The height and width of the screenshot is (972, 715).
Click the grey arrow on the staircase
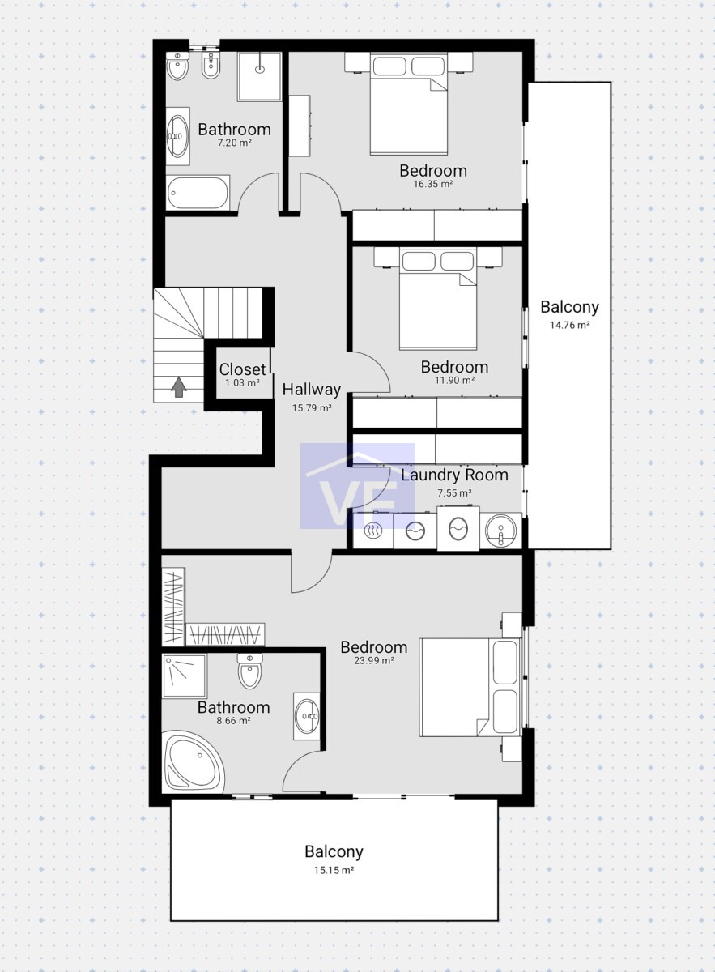tap(178, 386)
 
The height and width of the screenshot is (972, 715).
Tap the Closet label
tap(242, 369)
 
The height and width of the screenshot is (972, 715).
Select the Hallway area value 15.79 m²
tap(312, 408)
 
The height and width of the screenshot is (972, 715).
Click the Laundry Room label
tap(454, 475)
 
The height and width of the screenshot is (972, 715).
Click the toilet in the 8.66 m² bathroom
tap(250, 671)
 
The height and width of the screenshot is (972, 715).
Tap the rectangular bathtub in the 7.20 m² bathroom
tap(198, 193)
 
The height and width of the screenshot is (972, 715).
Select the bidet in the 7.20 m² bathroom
tap(211, 66)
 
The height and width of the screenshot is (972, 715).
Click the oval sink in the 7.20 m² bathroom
tap(178, 136)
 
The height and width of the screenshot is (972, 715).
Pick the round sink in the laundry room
tap(501, 531)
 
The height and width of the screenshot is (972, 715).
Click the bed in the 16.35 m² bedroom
tap(408, 104)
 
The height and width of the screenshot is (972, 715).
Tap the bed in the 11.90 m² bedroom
tap(438, 299)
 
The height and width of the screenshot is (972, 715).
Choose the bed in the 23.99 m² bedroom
tap(470, 688)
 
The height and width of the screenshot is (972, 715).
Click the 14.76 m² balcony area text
tap(570, 325)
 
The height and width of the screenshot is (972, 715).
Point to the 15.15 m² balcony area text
tap(334, 870)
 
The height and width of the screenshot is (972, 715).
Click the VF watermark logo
tap(358, 486)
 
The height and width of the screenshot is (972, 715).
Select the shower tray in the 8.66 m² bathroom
tap(185, 676)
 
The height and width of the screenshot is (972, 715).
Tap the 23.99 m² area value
tap(374, 660)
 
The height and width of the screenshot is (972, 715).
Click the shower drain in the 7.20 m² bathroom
tap(260, 69)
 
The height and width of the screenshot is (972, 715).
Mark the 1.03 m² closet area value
tap(242, 382)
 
